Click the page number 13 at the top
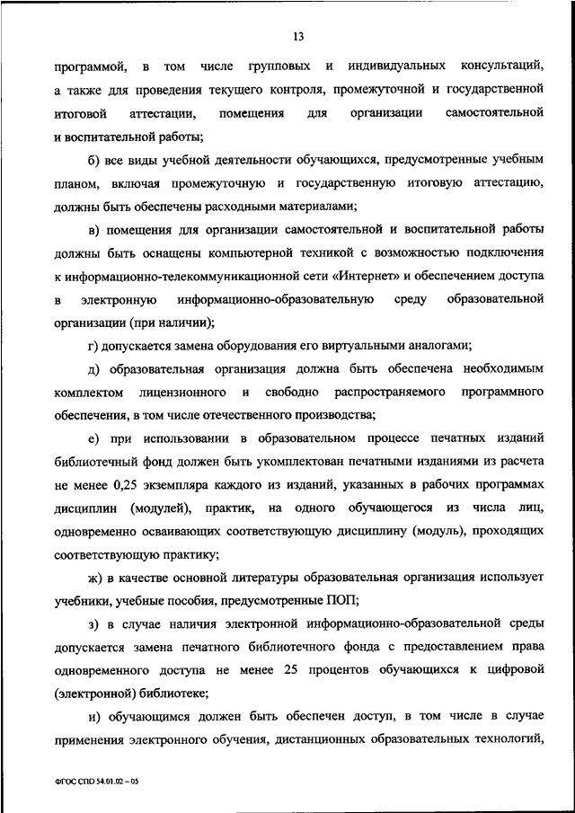(298, 36)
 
